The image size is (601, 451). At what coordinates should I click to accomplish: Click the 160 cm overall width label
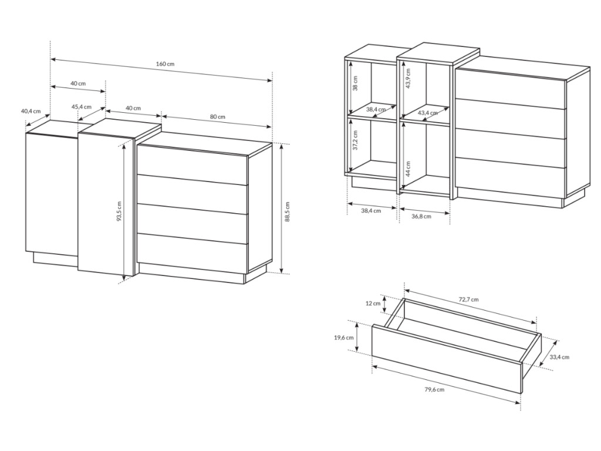pyautogui.click(x=165, y=63)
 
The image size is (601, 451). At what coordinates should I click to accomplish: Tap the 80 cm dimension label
pyautogui.click(x=218, y=117)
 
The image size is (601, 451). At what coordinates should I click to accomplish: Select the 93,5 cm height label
pyautogui.click(x=119, y=211)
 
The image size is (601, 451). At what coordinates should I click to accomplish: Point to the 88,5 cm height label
pyautogui.click(x=288, y=211)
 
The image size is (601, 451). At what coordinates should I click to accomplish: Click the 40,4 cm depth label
pyautogui.click(x=31, y=111)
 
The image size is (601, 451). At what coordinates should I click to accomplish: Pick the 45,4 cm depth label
pyautogui.click(x=81, y=107)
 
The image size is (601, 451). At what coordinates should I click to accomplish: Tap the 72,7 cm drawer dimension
pyautogui.click(x=468, y=299)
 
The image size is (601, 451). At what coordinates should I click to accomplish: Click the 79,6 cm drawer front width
pyautogui.click(x=434, y=390)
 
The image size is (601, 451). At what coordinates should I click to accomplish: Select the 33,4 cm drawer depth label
pyautogui.click(x=559, y=357)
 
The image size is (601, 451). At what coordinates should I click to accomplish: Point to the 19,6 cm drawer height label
pyautogui.click(x=343, y=338)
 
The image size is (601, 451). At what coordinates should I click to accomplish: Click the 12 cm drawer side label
pyautogui.click(x=373, y=304)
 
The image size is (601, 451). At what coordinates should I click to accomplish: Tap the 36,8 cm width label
pyautogui.click(x=421, y=216)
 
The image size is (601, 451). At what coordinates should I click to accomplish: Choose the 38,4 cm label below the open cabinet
pyautogui.click(x=371, y=211)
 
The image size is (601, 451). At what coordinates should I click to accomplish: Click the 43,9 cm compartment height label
pyautogui.click(x=408, y=79)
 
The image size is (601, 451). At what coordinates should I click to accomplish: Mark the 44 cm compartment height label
pyautogui.click(x=408, y=169)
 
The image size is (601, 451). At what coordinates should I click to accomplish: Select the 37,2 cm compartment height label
pyautogui.click(x=355, y=140)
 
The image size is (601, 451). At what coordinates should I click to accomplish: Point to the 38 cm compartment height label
pyautogui.click(x=355, y=83)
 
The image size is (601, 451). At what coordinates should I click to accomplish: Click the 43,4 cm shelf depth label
pyautogui.click(x=427, y=113)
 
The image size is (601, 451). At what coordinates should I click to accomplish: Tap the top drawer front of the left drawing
pyautogui.click(x=192, y=165)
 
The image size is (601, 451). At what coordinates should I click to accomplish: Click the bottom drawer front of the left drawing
pyautogui.click(x=192, y=248)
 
